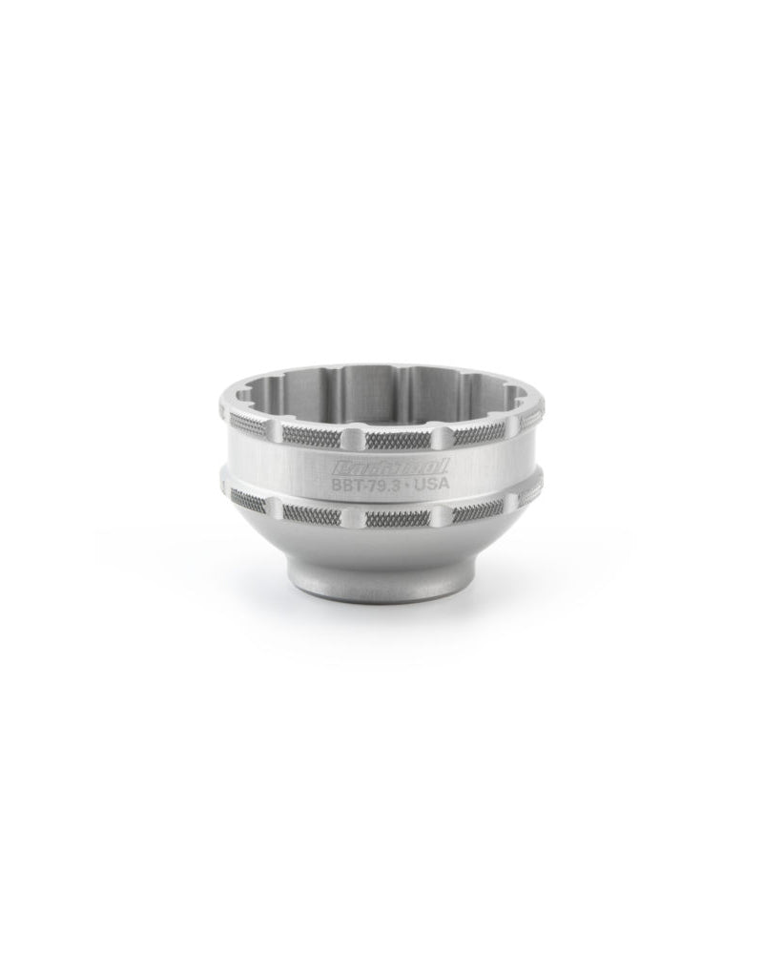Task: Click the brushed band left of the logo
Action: tap(277, 467)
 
